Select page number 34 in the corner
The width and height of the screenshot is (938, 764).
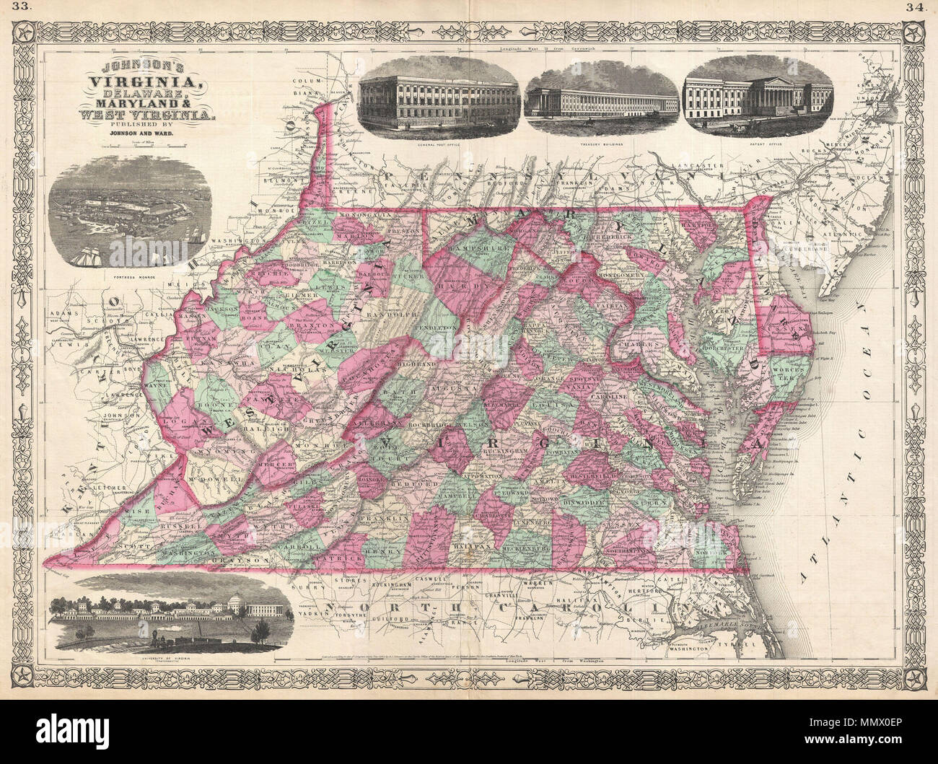[x=921, y=9]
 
